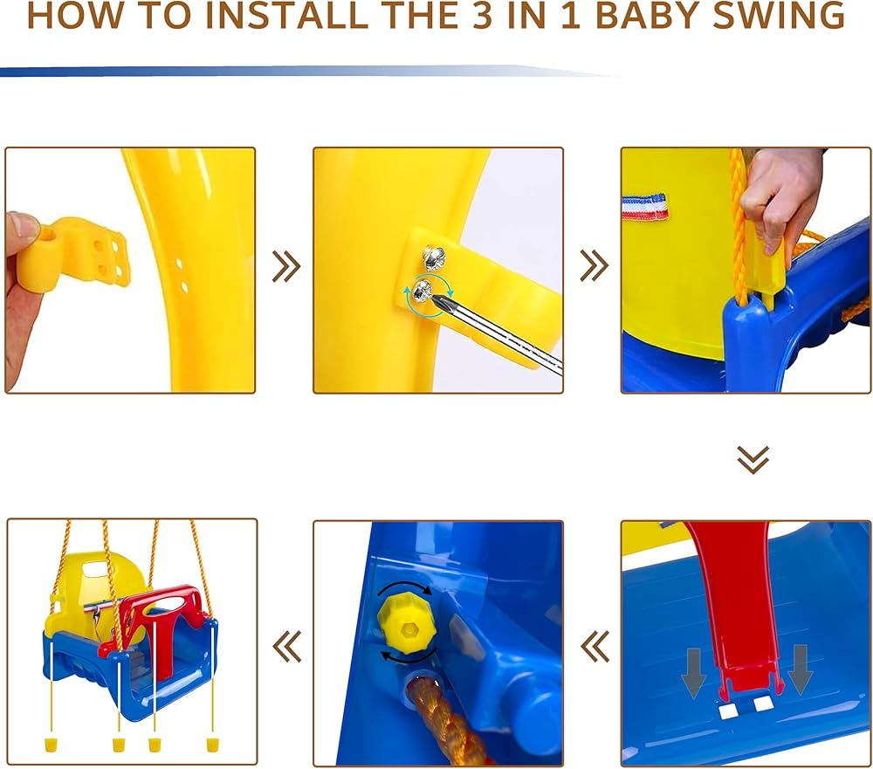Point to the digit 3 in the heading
click(x=484, y=16)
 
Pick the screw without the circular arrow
click(x=434, y=256)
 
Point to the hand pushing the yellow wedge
click(x=782, y=195)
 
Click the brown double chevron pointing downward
click(x=753, y=459)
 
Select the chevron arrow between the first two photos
click(x=286, y=266)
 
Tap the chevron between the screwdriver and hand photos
click(x=594, y=266)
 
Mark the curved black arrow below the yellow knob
click(x=408, y=656)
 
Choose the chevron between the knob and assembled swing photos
click(x=286, y=647)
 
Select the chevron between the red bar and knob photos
click(x=595, y=647)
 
